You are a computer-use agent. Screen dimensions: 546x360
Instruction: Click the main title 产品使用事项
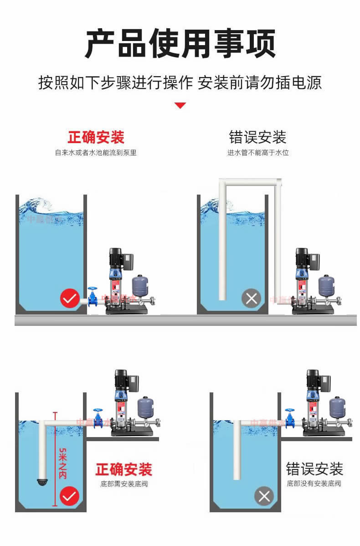click(180, 44)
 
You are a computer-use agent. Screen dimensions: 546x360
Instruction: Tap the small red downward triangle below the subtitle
click(180, 106)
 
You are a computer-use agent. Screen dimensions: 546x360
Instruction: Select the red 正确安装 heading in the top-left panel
click(96, 137)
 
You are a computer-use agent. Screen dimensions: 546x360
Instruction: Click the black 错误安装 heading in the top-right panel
click(257, 137)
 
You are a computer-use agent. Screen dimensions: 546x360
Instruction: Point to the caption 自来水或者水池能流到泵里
click(96, 153)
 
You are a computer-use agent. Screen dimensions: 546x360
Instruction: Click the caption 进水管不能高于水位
click(258, 153)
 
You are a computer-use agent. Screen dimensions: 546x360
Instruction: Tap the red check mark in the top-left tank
click(70, 299)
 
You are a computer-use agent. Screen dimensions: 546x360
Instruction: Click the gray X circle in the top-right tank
click(251, 299)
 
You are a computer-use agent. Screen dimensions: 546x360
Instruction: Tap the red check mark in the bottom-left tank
click(70, 496)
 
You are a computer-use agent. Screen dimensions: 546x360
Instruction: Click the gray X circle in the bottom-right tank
click(264, 496)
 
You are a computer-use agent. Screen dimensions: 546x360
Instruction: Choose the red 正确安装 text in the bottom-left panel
click(123, 469)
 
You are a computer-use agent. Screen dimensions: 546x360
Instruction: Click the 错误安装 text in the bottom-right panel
click(314, 469)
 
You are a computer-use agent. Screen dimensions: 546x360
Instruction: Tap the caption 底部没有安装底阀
click(314, 484)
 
